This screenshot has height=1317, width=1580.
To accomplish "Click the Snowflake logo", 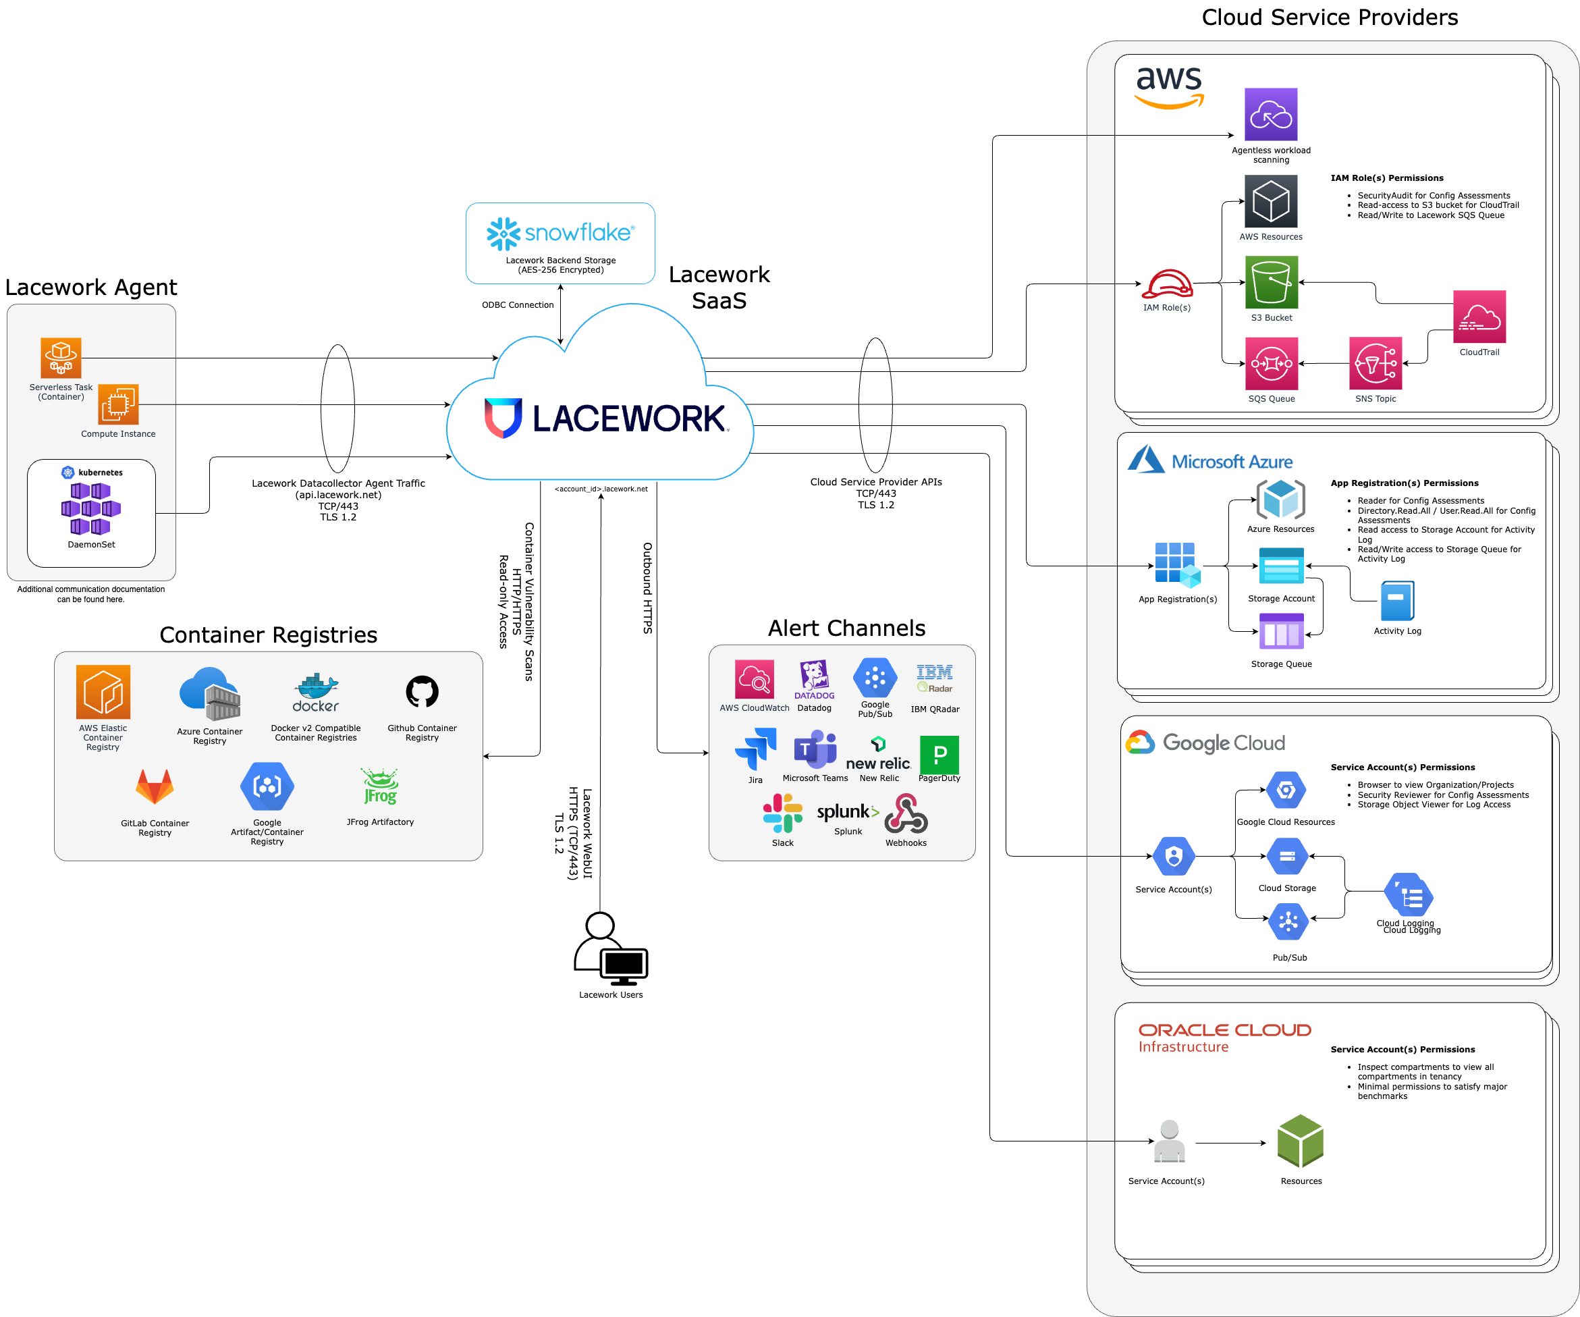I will point(560,234).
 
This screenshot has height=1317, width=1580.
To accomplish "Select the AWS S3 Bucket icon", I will point(1272,283).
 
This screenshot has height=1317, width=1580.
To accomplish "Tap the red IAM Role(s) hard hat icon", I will point(1167,284).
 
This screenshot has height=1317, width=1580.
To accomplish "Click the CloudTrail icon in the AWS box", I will point(1479,317).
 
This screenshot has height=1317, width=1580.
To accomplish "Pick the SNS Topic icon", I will point(1375,363).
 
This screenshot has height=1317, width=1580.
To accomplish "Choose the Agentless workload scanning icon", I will point(1271,114).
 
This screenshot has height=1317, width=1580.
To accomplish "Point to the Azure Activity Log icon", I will point(1397,601).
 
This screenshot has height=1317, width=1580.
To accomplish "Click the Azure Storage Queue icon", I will point(1281,631).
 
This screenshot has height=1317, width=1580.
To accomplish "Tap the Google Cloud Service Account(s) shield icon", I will point(1174,857).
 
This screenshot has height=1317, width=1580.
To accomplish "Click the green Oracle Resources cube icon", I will point(1300,1141).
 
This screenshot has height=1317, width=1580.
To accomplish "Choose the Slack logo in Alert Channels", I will point(782,813).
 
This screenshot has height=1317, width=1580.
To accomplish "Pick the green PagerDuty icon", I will point(939,755).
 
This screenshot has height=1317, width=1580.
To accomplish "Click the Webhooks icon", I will point(906,814).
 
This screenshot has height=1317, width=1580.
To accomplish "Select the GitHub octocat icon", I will point(422,692).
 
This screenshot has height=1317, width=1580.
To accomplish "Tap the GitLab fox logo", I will point(155,787).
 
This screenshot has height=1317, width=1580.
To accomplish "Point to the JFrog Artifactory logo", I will point(380,787).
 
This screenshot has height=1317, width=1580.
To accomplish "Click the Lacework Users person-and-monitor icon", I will point(610,949).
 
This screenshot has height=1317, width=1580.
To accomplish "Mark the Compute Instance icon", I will point(118,405).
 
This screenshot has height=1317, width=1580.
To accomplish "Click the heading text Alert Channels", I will point(846,628).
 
